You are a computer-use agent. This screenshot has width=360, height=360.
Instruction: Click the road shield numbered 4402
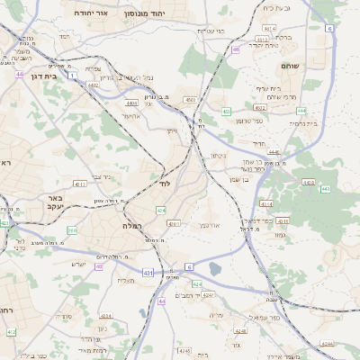(x=93, y=86)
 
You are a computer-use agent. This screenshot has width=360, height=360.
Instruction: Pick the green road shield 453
(x=226, y=112)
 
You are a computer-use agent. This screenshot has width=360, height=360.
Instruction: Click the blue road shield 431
(x=147, y=271)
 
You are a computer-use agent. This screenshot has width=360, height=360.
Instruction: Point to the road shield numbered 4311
(x=80, y=184)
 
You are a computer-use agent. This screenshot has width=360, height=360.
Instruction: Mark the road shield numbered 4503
(x=190, y=100)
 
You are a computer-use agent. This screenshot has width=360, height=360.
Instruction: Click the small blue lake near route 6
(x=214, y=267)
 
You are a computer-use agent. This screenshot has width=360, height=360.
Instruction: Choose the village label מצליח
(x=125, y=280)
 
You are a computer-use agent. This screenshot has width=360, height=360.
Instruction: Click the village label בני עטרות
(x=209, y=30)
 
